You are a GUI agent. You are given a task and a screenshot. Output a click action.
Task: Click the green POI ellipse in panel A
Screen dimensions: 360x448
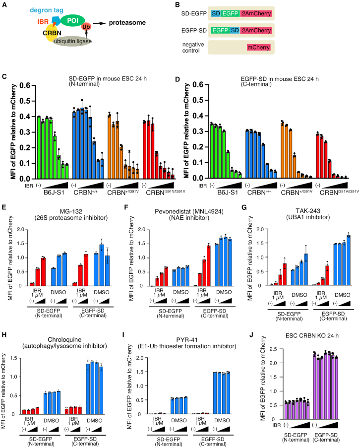pyautogui.click(x=72, y=20)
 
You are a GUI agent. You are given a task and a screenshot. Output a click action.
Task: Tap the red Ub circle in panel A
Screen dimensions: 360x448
pyautogui.click(x=86, y=27)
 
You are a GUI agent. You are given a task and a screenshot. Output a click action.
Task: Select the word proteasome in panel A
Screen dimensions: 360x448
pyautogui.click(x=127, y=22)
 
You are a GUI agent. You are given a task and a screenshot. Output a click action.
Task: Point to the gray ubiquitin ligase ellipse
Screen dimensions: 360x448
pyautogui.click(x=72, y=41)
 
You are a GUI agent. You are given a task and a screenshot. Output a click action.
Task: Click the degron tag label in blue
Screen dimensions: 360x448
pyautogui.click(x=47, y=10)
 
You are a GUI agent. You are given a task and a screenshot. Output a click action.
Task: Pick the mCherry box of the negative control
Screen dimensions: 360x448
pyautogui.click(x=259, y=48)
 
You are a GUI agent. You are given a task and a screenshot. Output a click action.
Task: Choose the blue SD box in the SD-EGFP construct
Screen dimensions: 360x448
pyautogui.click(x=216, y=13)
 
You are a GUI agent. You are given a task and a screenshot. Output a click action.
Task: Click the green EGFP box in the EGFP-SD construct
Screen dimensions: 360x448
pyautogui.click(x=220, y=30)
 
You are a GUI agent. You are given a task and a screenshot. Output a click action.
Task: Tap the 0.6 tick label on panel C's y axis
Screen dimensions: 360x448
pyautogui.click(x=25, y=85)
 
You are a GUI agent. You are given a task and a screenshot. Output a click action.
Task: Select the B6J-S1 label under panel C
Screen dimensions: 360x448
pyautogui.click(x=54, y=192)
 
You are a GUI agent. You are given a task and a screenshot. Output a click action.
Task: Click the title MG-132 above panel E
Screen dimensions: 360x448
pyautogui.click(x=71, y=211)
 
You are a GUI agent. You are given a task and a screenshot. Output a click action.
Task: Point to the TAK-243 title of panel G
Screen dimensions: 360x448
pyautogui.click(x=308, y=211)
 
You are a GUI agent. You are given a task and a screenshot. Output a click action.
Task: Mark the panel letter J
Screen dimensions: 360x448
pyautogui.click(x=251, y=334)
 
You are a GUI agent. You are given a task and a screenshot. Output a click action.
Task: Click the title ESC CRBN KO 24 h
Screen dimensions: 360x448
pyautogui.click(x=312, y=335)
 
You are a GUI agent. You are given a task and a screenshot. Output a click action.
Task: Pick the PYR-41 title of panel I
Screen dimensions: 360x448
pyautogui.click(x=187, y=340)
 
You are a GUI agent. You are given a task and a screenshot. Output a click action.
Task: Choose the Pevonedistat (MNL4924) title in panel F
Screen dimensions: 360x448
pyautogui.click(x=189, y=211)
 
